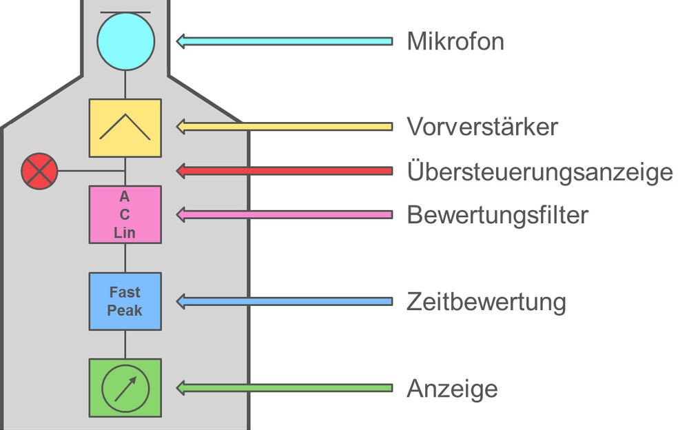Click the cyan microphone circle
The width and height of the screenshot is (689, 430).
pyautogui.click(x=125, y=41)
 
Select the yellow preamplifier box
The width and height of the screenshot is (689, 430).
pyautogui.click(x=125, y=128)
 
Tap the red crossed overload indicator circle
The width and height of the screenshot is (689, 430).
pyautogui.click(x=39, y=171)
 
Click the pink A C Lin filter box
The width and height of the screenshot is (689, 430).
pyautogui.click(x=125, y=214)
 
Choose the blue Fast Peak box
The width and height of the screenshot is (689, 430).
pyautogui.click(x=125, y=301)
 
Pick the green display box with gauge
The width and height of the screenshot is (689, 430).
pyautogui.click(x=125, y=388)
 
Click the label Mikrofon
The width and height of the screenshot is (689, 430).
pyautogui.click(x=455, y=41)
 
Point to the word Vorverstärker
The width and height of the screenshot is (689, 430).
pyautogui.click(x=482, y=127)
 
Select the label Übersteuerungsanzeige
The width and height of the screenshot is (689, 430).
pyautogui.click(x=540, y=172)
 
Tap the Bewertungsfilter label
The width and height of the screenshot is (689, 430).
pyautogui.click(x=497, y=215)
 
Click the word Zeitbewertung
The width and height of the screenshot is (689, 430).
pyautogui.click(x=486, y=302)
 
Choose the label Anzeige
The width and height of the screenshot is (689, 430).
pyautogui.click(x=452, y=389)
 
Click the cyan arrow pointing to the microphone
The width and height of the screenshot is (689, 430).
pyautogui.click(x=285, y=41)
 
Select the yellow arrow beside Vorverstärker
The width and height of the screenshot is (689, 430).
pyautogui.click(x=285, y=127)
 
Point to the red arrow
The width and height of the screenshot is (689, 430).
pyautogui.click(x=285, y=171)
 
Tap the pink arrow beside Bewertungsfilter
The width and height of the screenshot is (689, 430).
pyautogui.click(x=285, y=214)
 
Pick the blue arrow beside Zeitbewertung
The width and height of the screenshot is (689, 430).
pyautogui.click(x=285, y=301)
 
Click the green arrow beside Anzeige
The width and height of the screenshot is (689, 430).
pyautogui.click(x=285, y=388)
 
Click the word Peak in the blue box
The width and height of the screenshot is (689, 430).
pyautogui.click(x=125, y=310)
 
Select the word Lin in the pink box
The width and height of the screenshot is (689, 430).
pyautogui.click(x=124, y=233)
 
